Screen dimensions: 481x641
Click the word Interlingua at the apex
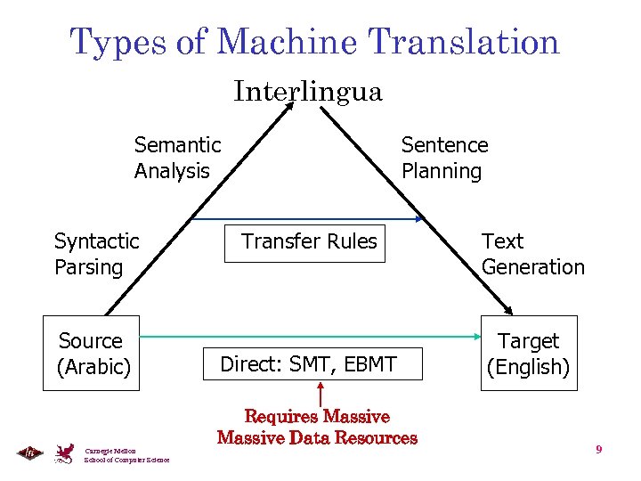pos(308,91)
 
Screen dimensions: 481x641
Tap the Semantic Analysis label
pos(177,158)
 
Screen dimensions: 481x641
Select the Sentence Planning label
pos(444,158)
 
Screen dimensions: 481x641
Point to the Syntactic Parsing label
pos(96,254)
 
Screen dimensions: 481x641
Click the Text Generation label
pos(532,254)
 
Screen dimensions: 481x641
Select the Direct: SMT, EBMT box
pos(308,363)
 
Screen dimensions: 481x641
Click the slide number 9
pos(599,450)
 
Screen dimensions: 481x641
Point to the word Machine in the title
pos(285,42)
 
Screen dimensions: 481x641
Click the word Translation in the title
pos(463,42)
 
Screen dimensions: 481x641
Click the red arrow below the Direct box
pos(320,395)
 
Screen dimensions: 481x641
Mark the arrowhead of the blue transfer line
pos(420,219)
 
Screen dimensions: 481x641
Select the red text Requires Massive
pos(317,417)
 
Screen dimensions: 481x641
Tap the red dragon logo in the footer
pos(64,452)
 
